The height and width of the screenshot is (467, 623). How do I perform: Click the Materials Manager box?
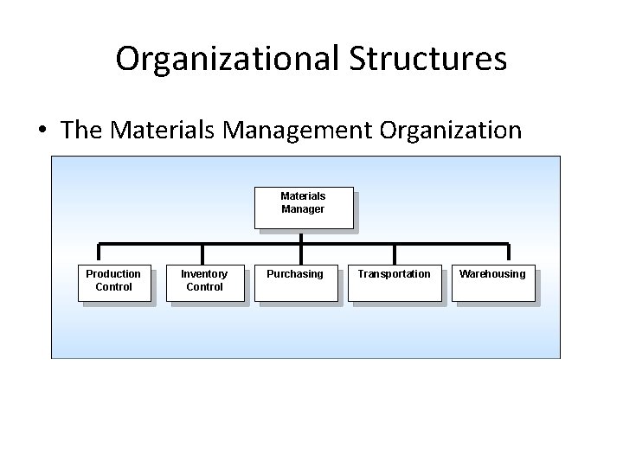coord(303,208)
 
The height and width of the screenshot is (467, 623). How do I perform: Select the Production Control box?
coord(113,282)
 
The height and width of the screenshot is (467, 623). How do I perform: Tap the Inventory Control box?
coord(204,282)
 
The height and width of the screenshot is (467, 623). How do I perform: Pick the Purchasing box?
coord(295,282)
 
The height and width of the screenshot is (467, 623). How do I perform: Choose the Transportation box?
coord(394,282)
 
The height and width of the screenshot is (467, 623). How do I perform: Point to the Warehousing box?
coord(492,282)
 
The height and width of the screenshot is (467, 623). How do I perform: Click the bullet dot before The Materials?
coord(42,131)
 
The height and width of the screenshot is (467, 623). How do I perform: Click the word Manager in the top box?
coord(303,209)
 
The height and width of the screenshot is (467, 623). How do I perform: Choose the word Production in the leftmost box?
coord(113,274)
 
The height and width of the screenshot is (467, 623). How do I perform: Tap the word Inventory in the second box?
coord(204,274)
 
